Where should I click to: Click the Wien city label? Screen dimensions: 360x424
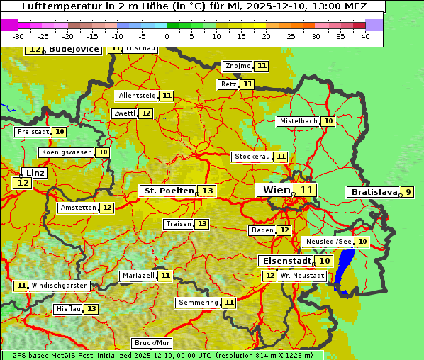click(276, 190)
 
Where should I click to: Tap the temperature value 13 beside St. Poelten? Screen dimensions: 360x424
click(207, 191)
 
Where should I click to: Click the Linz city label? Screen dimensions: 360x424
click(35, 173)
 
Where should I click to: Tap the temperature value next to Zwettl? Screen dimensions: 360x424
click(146, 113)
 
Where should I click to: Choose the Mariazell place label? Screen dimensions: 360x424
click(138, 275)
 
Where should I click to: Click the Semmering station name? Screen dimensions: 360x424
click(199, 303)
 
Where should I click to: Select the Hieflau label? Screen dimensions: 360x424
click(69, 309)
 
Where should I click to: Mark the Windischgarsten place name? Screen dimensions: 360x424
click(60, 286)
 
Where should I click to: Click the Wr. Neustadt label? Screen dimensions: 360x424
click(302, 275)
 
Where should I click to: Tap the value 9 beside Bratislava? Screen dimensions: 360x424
click(408, 192)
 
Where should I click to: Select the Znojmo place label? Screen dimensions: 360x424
click(238, 66)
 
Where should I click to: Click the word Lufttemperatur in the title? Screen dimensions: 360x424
click(54, 6)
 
